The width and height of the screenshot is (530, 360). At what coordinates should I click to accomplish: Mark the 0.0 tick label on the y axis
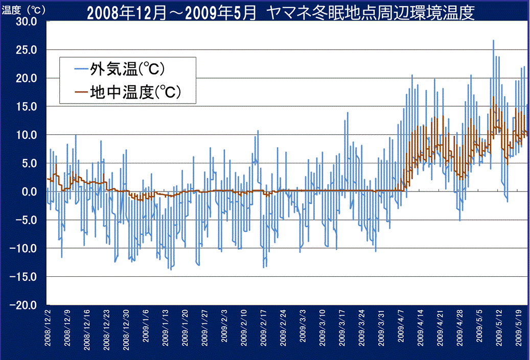pyautogui.click(x=29, y=191)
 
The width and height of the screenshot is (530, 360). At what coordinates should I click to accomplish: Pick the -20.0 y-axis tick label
pyautogui.click(x=25, y=305)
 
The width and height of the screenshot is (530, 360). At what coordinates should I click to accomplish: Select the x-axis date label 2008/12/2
pyautogui.click(x=48, y=327)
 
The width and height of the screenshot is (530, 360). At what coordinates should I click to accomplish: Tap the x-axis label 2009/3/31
pyautogui.click(x=380, y=327)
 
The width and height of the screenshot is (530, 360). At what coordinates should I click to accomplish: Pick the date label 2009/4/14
pyautogui.click(x=420, y=327)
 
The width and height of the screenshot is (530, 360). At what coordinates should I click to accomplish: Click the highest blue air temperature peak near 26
pyautogui.click(x=493, y=41)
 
